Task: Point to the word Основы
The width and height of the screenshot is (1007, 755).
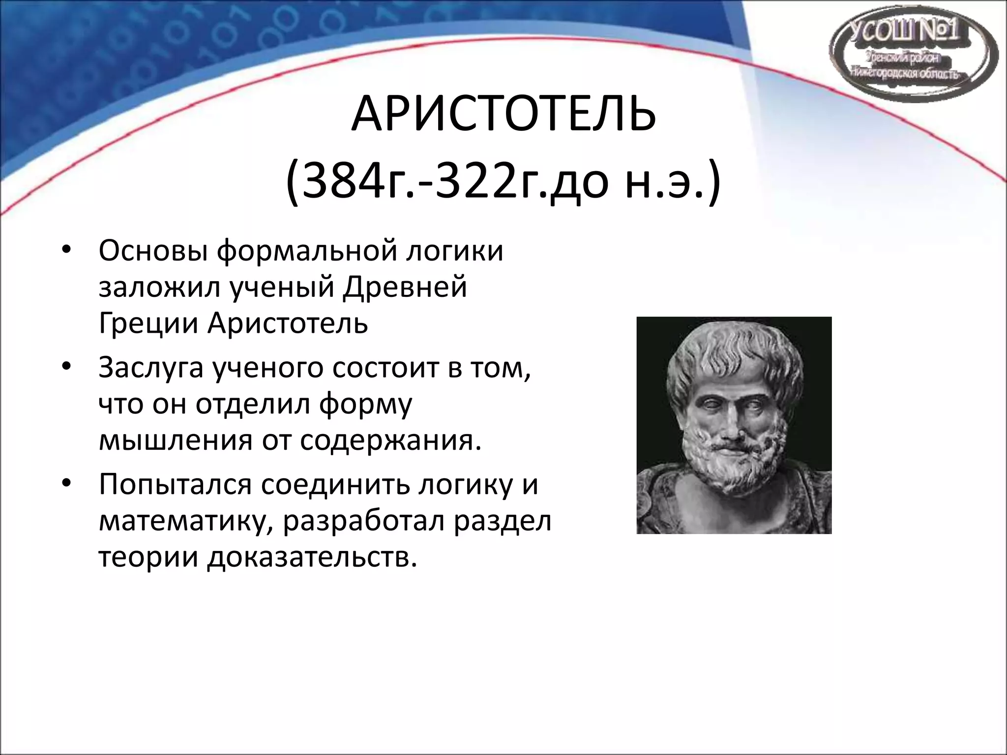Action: click(152, 251)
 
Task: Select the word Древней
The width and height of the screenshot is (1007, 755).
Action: click(405, 287)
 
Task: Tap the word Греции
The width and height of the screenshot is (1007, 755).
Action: click(148, 324)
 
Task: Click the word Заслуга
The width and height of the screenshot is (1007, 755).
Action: click(150, 368)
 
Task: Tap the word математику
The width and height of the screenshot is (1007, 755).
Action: click(187, 522)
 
